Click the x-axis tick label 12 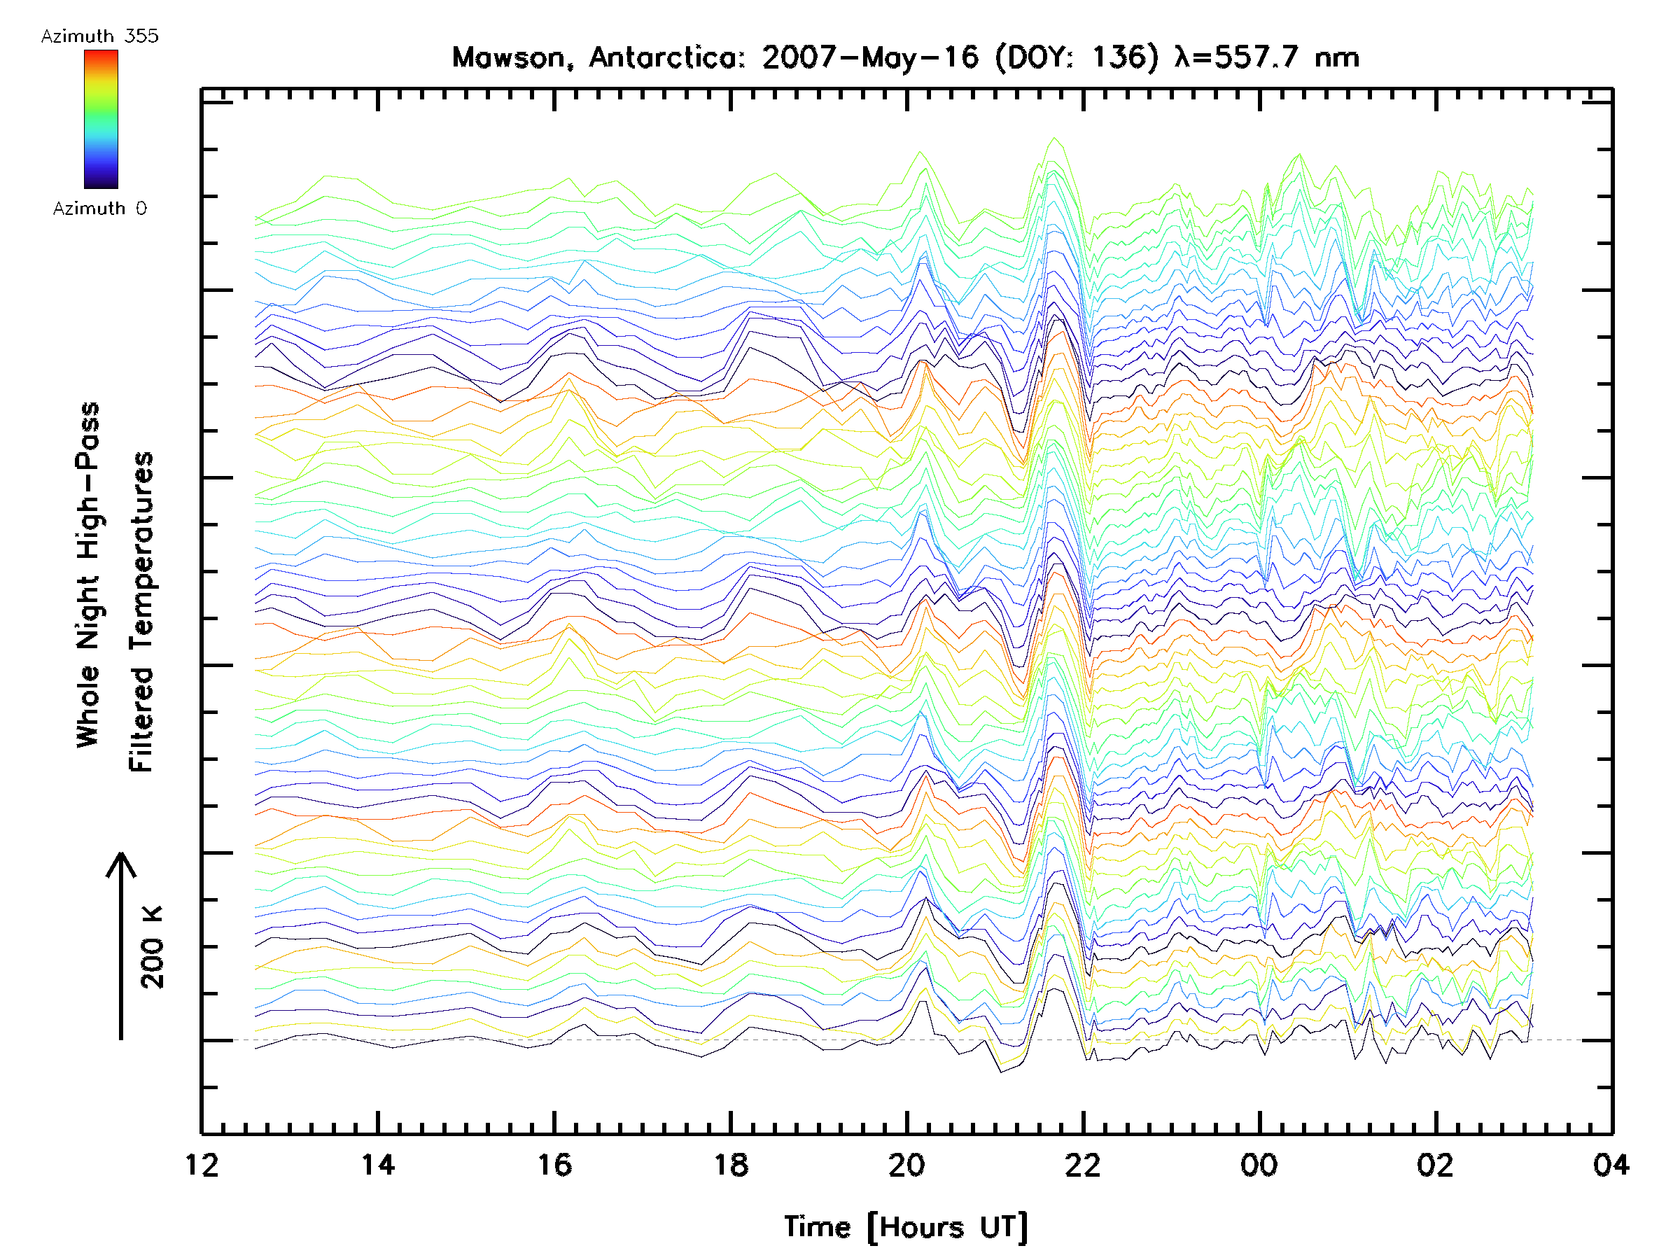[x=202, y=1164]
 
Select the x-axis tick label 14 [x=378, y=1164]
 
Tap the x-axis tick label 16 [x=554, y=1164]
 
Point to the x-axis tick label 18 [x=731, y=1164]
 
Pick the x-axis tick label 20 [x=906, y=1164]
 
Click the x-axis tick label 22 [x=1083, y=1164]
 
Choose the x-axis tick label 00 [x=1259, y=1164]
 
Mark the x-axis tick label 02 [x=1436, y=1164]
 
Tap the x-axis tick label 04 [x=1611, y=1164]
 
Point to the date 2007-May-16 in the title [x=871, y=57]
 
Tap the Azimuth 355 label [x=99, y=36]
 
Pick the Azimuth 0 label [x=99, y=208]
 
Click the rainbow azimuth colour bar [x=101, y=119]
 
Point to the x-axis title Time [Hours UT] [x=906, y=1227]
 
